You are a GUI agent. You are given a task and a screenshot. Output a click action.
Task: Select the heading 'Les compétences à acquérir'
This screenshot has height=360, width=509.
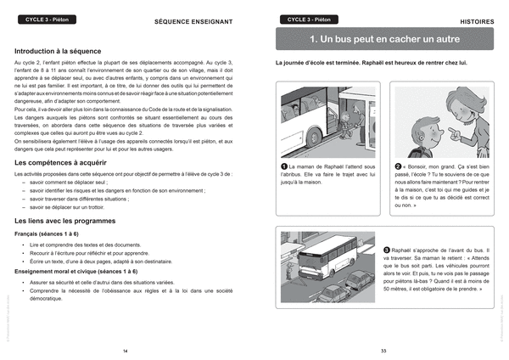point(61,161)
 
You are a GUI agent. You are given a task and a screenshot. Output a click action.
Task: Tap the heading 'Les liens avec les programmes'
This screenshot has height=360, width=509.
point(64,221)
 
